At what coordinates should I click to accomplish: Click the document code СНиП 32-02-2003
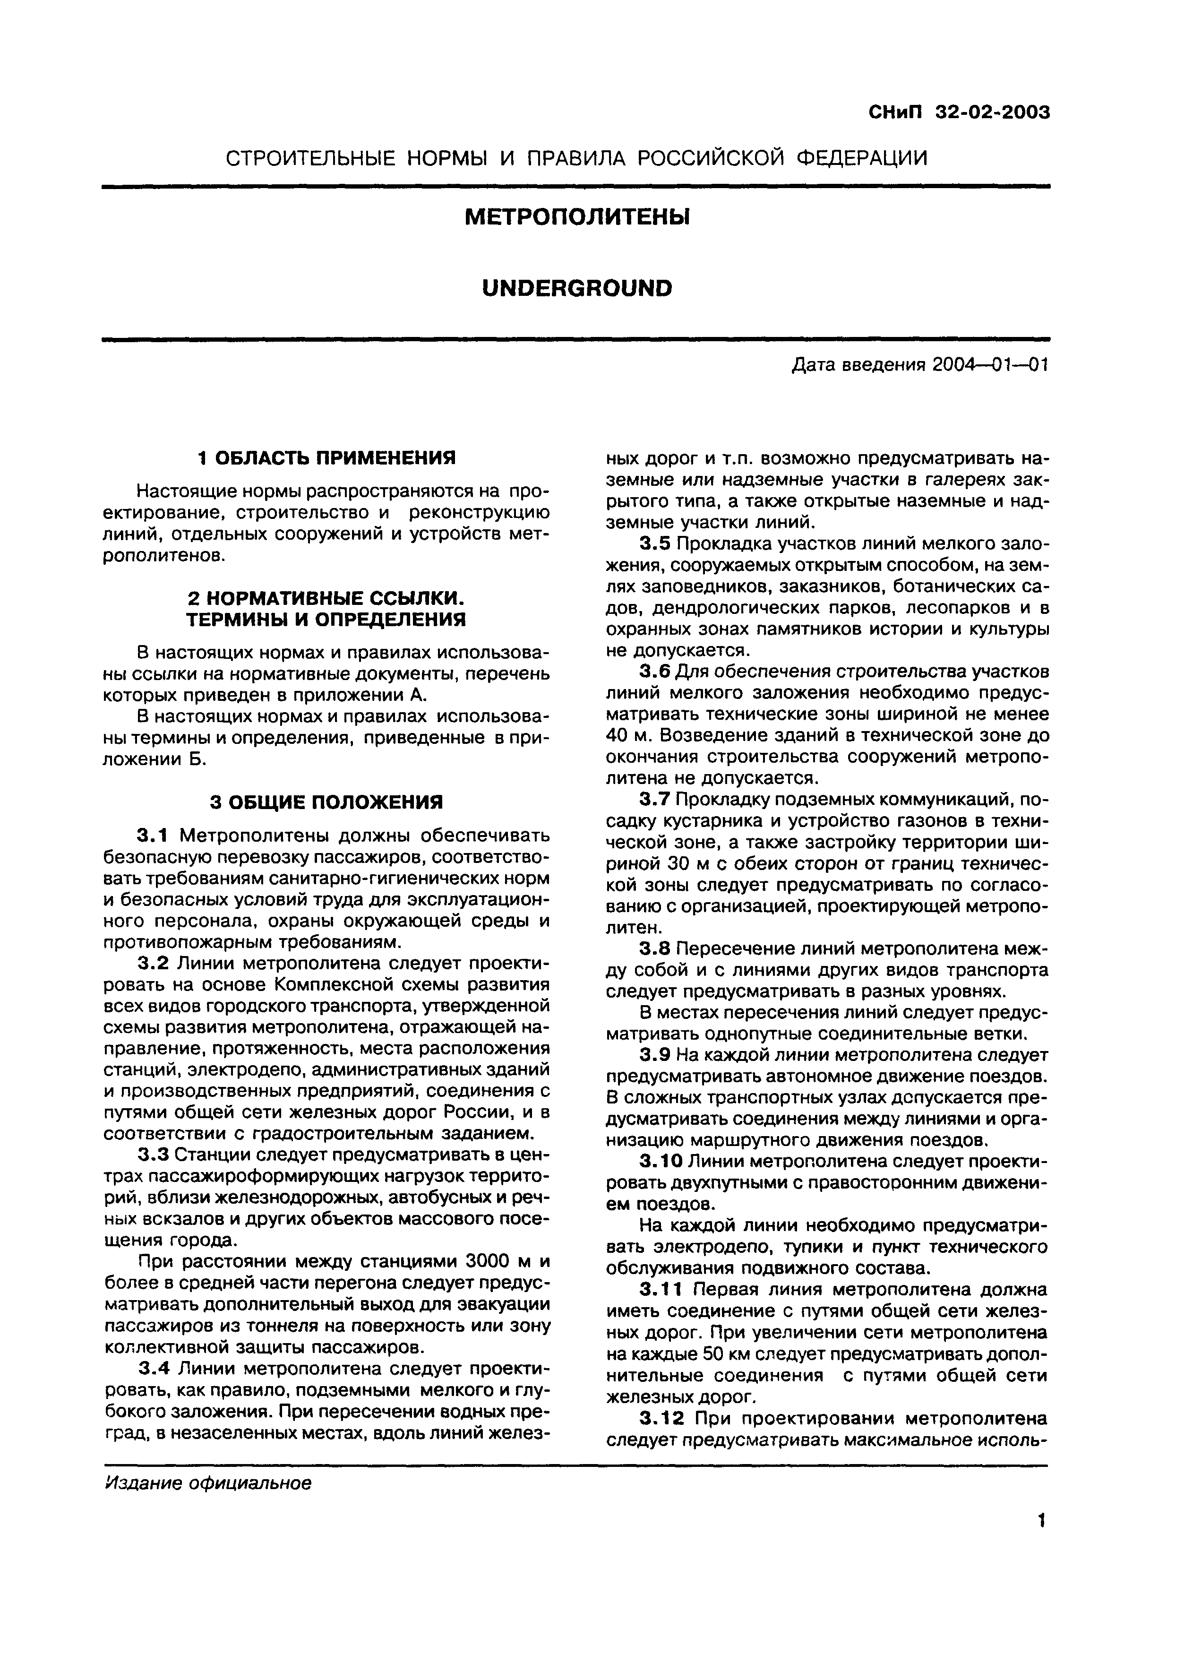(x=959, y=112)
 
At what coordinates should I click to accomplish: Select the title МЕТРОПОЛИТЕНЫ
(x=577, y=217)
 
